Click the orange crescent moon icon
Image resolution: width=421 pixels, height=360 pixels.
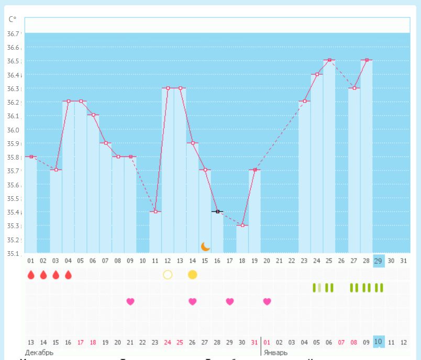point(205,246)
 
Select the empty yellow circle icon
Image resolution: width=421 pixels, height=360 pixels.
point(168,275)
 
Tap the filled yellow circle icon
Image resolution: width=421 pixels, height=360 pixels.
point(192,275)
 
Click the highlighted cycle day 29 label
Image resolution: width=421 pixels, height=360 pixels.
point(379,260)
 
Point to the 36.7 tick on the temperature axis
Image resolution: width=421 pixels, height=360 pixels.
point(13,33)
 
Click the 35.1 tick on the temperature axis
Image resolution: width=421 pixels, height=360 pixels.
point(13,254)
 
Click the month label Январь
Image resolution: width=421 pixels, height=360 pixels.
point(275,353)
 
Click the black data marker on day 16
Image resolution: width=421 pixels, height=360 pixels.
point(217,211)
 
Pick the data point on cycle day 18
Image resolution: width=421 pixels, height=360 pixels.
point(242,225)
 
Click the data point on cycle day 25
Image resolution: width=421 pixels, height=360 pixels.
point(329,60)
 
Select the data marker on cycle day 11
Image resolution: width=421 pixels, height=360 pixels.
point(156,211)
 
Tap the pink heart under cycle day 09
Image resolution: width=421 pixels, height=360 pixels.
point(130,301)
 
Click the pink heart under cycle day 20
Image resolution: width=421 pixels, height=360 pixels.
point(267,301)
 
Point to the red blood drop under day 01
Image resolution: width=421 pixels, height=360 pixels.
point(31,275)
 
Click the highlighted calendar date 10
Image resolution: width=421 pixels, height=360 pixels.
point(379,342)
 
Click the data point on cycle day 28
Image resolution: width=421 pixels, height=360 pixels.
point(367,60)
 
